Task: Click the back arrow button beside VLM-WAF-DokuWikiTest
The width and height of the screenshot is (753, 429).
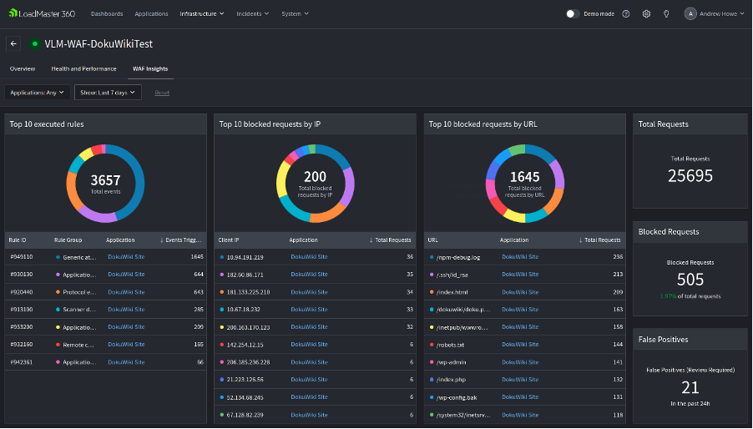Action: [x=13, y=43]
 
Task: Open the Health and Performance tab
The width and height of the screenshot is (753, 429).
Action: [x=83, y=68]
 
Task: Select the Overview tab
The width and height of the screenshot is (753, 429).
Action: [x=23, y=68]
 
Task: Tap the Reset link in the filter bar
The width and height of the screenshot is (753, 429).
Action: [x=162, y=93]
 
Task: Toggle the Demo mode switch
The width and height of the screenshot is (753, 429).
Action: [x=573, y=14]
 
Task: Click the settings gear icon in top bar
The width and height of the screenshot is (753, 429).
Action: [x=646, y=14]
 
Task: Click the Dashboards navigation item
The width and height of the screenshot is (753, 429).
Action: [x=106, y=14]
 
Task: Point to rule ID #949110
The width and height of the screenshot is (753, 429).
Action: [x=21, y=257]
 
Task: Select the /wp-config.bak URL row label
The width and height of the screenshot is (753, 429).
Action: [x=457, y=396]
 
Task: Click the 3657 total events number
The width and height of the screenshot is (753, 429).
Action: [x=105, y=180]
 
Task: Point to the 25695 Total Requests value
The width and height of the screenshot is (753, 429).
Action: [x=690, y=175]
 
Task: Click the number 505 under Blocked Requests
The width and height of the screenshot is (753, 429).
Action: [x=690, y=280]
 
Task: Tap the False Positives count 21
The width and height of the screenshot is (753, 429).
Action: [x=690, y=387]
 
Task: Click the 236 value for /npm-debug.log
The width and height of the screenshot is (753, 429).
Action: [x=618, y=257]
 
